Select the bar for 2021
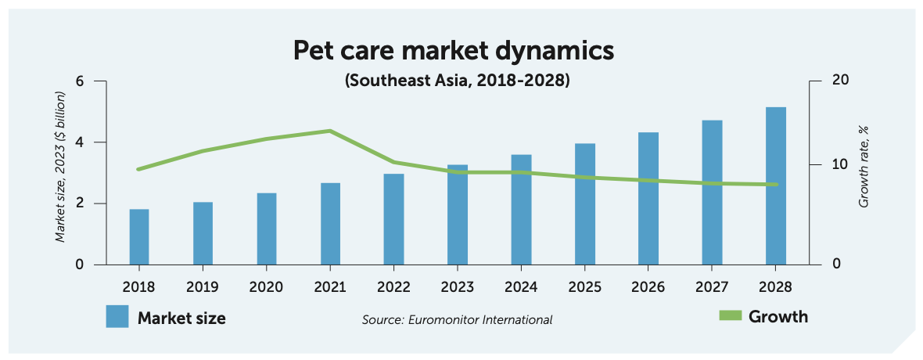click(x=331, y=224)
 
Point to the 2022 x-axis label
click(x=393, y=286)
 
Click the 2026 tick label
click(x=648, y=286)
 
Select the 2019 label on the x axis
click(x=203, y=286)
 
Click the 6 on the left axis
click(x=79, y=81)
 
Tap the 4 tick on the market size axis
click(x=79, y=142)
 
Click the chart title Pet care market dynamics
click(x=454, y=51)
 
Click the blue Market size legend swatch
click(x=117, y=317)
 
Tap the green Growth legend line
click(x=729, y=316)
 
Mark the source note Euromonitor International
click(x=457, y=319)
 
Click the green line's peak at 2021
click(x=330, y=131)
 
